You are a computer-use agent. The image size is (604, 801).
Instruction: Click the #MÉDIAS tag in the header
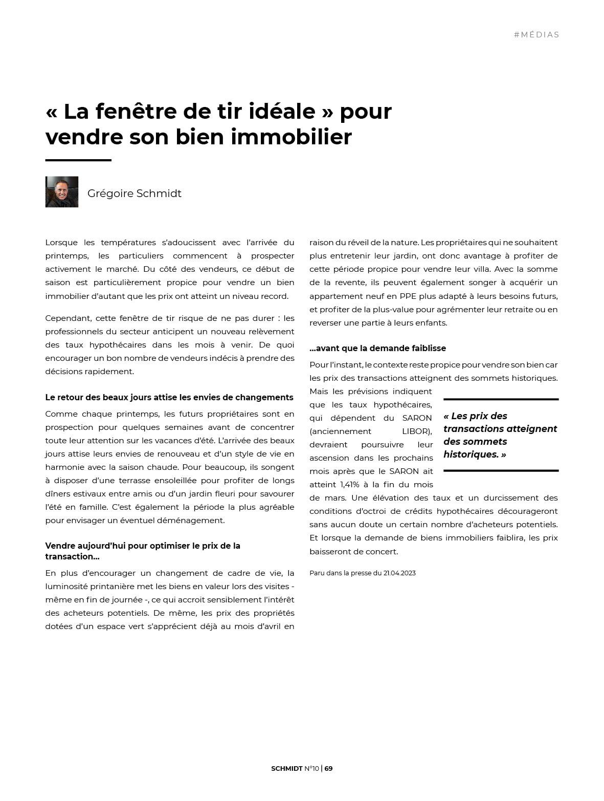click(536, 35)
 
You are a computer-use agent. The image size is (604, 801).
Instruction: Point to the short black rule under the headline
click(78, 160)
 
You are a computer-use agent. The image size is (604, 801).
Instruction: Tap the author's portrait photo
click(62, 192)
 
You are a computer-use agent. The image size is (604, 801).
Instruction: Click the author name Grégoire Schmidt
click(134, 193)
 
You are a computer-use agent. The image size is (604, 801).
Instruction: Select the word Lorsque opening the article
click(61, 243)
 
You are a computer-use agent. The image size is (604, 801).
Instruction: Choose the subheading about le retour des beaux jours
click(169, 397)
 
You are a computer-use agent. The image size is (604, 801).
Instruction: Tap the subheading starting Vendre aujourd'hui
click(142, 551)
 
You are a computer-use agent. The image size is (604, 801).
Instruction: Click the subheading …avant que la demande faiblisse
click(377, 348)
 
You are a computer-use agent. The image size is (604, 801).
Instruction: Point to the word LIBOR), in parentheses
click(417, 431)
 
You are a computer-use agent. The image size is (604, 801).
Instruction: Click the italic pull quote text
click(500, 435)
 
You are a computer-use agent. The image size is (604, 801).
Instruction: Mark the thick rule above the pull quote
click(501, 399)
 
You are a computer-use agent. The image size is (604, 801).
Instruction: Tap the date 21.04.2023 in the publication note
click(399, 573)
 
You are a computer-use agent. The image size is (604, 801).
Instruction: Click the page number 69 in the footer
click(328, 768)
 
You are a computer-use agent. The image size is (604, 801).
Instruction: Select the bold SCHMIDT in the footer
click(286, 768)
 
